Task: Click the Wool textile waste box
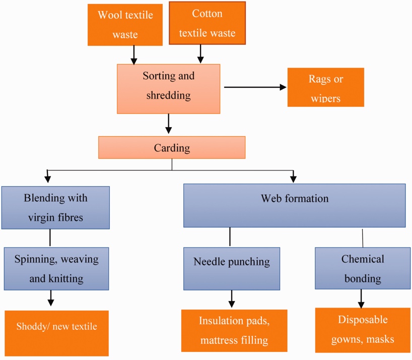pos(125,24)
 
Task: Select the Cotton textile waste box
pos(207,23)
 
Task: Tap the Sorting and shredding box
pos(168,88)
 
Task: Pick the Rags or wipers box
pos(325,87)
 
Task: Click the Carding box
pos(172,148)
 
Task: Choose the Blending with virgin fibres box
pos(55,208)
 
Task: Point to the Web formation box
pos(294,205)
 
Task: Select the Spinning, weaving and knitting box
pos(56,268)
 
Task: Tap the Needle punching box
pos(232,268)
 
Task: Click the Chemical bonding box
pos(362,268)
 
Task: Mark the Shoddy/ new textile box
pos(56,333)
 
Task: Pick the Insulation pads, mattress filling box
pos(234,330)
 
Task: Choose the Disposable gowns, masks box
pos(363,330)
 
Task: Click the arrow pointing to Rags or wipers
pos(255,87)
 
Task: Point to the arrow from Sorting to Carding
pos(168,124)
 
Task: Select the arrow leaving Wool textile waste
pos(134,54)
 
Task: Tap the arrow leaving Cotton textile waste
pos(200,53)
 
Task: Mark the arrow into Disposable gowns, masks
pos(361,298)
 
